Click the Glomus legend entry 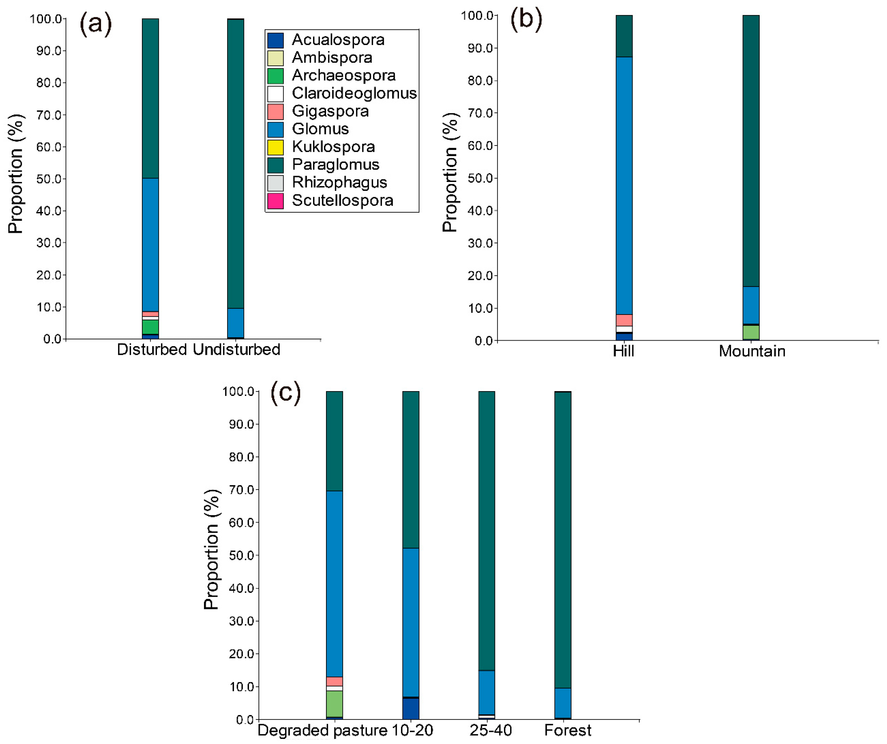[x=320, y=129]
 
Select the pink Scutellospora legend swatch [x=275, y=201]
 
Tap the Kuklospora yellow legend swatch [x=275, y=147]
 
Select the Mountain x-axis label [x=752, y=351]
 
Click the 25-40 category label [x=490, y=730]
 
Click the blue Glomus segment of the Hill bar [x=624, y=186]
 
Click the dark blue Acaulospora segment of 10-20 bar [x=411, y=709]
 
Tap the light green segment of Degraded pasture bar [x=334, y=703]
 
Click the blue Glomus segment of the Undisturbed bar [x=235, y=323]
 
